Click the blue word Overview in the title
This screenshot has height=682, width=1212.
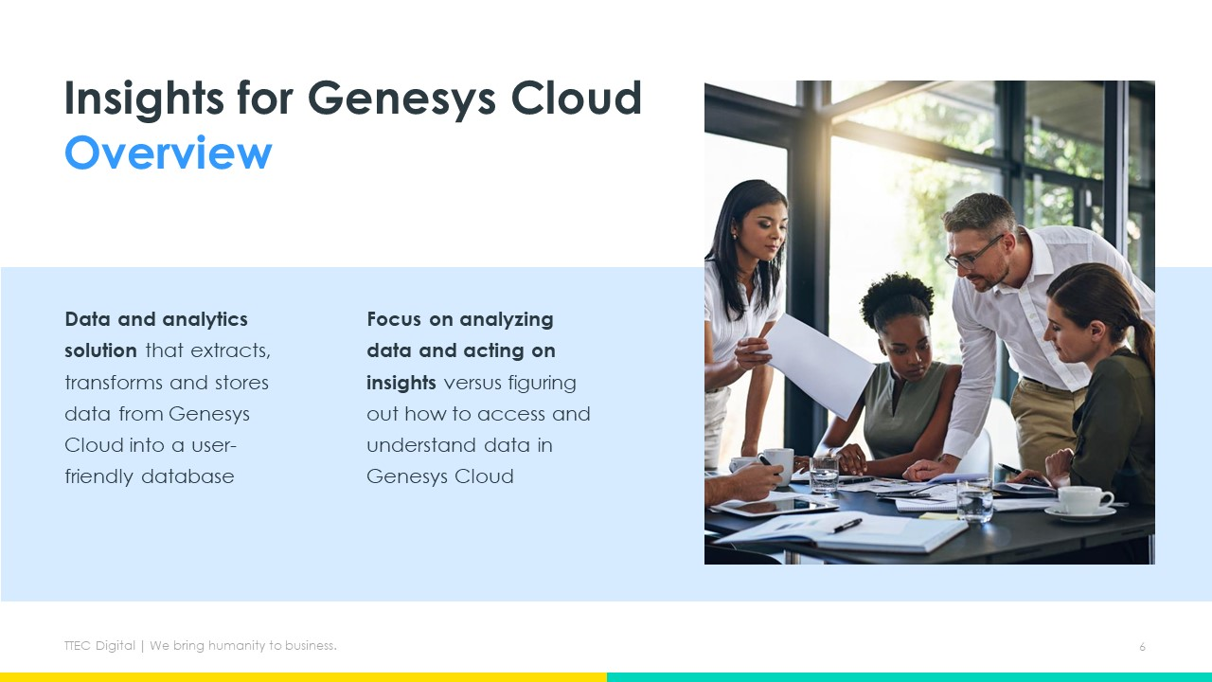[x=168, y=153]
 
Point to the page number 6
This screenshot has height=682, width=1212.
[x=1142, y=647]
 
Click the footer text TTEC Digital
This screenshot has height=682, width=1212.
[x=99, y=646]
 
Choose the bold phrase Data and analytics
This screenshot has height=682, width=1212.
[x=156, y=319]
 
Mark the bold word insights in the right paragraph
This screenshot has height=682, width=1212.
[x=401, y=383]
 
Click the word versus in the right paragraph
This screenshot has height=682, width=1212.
[x=472, y=383]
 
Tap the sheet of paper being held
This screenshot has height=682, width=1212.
[x=817, y=366]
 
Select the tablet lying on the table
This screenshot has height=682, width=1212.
[x=772, y=506]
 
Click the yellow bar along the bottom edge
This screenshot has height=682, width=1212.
[x=303, y=677]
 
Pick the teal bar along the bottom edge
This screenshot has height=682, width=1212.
[x=909, y=677]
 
